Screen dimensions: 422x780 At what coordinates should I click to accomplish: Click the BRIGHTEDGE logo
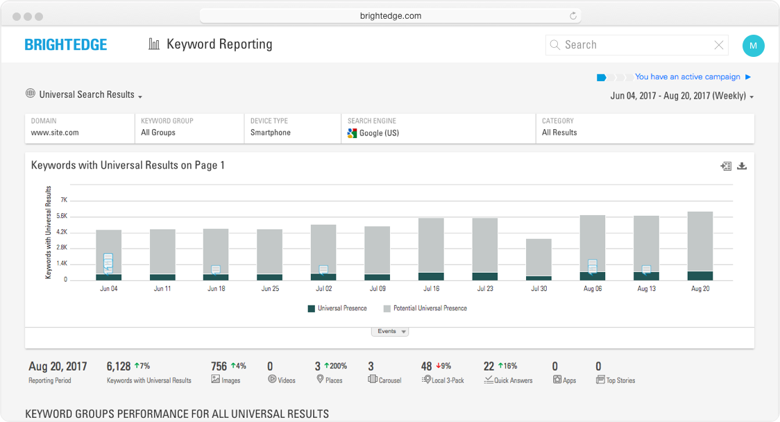[x=66, y=45]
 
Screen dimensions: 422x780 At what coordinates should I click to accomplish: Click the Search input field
[x=635, y=45]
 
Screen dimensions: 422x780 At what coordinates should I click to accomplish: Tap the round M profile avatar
[x=753, y=46]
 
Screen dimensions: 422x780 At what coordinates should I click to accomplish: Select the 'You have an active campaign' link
[x=687, y=77]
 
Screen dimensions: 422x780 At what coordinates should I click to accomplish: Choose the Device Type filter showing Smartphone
[x=291, y=128]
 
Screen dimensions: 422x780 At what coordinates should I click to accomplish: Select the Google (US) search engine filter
[x=437, y=128]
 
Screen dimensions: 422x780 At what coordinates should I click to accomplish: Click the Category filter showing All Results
[x=643, y=128]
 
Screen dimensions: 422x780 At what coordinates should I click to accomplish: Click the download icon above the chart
[x=742, y=166]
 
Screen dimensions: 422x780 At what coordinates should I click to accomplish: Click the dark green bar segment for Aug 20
[x=700, y=276]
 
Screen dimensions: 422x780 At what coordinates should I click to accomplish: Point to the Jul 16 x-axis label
[x=431, y=289]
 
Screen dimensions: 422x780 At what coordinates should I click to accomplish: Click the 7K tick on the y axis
[x=63, y=200]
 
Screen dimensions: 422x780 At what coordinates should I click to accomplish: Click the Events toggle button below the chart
[x=390, y=332]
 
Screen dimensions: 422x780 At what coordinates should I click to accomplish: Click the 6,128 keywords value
[x=119, y=366]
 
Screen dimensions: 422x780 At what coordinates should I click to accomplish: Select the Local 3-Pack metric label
[x=447, y=380]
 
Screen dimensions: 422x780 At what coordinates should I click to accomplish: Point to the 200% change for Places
[x=335, y=366]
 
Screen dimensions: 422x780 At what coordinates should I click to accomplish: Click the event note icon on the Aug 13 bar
[x=646, y=270]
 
